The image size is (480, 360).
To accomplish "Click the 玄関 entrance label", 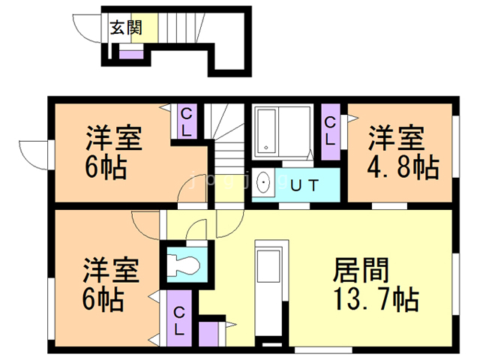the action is click(126, 28).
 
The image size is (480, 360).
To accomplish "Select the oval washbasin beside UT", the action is click(263, 182).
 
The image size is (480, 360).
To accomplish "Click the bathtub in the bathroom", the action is click(266, 130).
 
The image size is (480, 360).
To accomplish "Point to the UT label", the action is click(305, 185).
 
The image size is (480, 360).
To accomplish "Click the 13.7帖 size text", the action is click(376, 299).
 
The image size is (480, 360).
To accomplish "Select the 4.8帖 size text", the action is click(403, 167).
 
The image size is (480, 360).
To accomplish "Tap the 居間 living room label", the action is click(361, 270).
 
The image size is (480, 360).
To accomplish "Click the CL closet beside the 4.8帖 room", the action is click(331, 132).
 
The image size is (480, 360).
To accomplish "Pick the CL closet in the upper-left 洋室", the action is click(187, 121).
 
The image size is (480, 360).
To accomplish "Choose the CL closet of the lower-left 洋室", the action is click(179, 318).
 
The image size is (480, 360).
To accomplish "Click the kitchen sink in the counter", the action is click(268, 266).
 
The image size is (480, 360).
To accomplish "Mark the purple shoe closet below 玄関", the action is click(131, 54).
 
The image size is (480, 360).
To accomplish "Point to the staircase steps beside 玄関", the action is click(181, 28).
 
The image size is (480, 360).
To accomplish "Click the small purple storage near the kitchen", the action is click(208, 334).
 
